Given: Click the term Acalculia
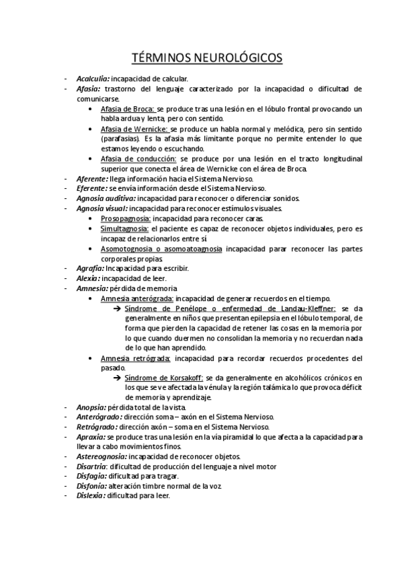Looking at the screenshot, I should [x=93, y=79].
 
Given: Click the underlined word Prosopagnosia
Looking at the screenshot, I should [x=126, y=218].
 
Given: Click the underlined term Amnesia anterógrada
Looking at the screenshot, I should [x=136, y=298].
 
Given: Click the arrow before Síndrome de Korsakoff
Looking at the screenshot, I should [x=118, y=378].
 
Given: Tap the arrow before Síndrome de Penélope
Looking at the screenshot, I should [x=118, y=308].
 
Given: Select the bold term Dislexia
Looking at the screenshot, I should [x=91, y=496].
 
